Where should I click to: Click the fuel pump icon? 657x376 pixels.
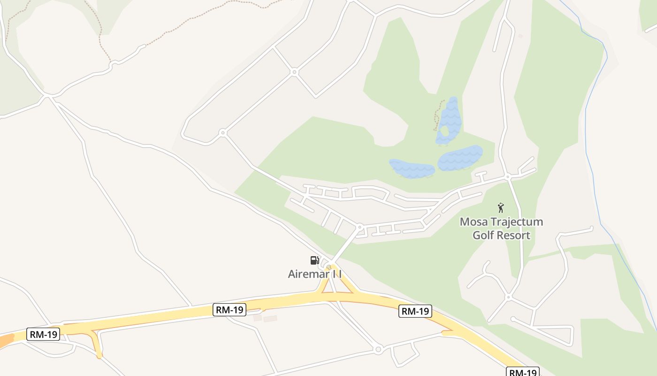pos(314,260)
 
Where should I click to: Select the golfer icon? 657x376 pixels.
pos(501,208)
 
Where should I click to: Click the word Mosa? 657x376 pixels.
pos(475,222)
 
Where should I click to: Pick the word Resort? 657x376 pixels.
pos(513,235)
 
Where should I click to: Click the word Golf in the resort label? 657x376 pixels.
pos(483,235)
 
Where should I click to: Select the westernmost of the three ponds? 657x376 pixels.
pos(412,168)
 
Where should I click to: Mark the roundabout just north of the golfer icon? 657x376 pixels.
pos(508,177)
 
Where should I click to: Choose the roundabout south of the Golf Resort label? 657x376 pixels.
pos(508,297)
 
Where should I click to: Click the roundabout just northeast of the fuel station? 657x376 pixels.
pos(360,227)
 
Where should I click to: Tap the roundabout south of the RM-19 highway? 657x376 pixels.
pos(378,349)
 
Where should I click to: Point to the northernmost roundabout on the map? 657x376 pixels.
pos(294,72)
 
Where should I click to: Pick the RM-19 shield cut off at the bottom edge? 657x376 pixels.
pos(522,372)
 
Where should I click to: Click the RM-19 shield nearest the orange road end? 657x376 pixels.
pos(43,334)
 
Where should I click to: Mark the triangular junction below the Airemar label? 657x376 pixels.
pos(337,287)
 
